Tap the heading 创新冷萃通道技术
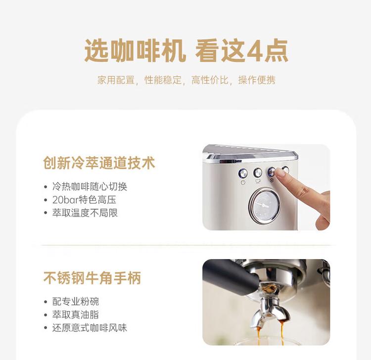point(99,163)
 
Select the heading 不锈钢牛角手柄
point(92,278)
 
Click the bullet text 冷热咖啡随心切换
point(90,187)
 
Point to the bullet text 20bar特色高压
point(84,200)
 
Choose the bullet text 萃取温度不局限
point(85,213)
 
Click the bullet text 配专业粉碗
point(76,302)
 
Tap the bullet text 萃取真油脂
point(76,315)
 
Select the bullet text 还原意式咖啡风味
point(90,328)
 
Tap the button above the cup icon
point(258,172)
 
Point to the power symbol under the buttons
point(243,182)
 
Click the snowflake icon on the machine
point(272,181)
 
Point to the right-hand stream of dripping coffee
point(282,333)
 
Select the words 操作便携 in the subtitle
point(257,80)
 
